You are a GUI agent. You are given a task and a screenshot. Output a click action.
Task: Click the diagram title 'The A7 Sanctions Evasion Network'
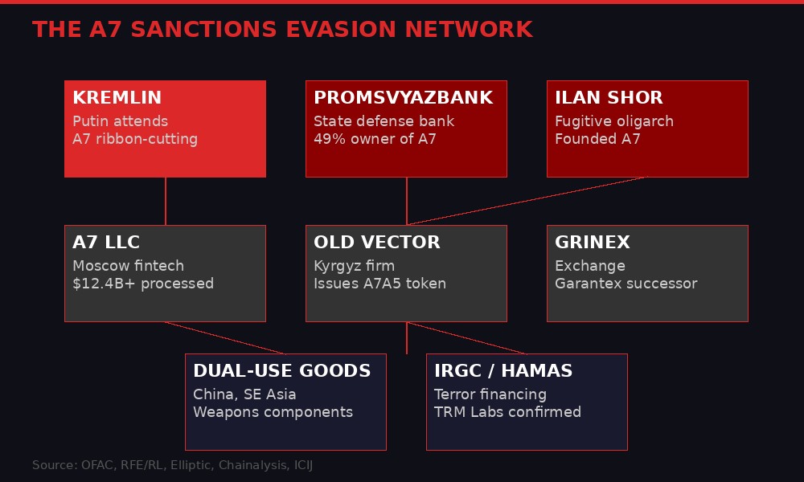coord(282,30)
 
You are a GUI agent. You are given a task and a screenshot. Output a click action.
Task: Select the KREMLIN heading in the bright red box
coord(117,98)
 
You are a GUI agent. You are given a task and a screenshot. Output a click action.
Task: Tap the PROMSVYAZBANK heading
coord(403,98)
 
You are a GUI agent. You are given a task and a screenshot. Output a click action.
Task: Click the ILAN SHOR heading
coord(609,98)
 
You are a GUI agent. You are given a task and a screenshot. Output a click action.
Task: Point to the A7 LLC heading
coord(106,243)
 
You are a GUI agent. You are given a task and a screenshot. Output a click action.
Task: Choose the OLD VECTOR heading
coord(376,243)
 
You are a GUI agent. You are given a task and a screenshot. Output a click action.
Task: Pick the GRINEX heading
coord(592,243)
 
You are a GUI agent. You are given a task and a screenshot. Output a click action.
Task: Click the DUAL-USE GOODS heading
coord(281,371)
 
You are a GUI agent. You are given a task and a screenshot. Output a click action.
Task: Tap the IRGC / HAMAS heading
coord(503,371)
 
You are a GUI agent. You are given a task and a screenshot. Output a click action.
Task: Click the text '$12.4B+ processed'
coord(143,284)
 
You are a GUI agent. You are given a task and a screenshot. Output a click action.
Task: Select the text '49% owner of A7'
coord(375,139)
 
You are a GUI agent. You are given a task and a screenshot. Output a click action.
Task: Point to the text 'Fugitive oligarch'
coord(614,121)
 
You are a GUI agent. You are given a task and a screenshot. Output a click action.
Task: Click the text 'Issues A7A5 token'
coord(379,284)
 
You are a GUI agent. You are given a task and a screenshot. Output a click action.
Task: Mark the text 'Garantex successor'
coord(626,284)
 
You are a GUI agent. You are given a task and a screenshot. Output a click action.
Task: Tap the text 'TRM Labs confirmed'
coord(507,412)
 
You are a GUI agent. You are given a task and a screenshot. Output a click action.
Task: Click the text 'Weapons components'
coord(273,412)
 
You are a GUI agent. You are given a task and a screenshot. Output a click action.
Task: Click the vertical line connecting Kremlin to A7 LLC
coord(166,201)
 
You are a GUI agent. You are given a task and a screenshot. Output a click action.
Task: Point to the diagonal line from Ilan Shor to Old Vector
coord(527,201)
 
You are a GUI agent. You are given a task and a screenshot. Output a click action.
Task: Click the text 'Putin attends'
coord(120,121)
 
